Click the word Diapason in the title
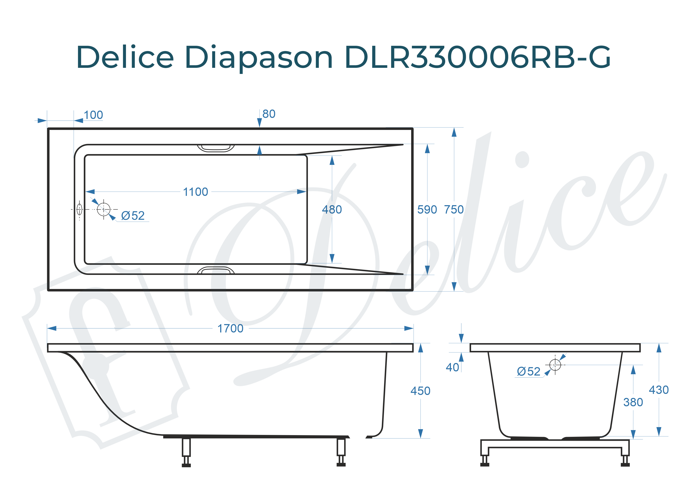[258, 58]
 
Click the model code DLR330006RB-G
[477, 58]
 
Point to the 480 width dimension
[332, 210]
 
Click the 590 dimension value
[427, 210]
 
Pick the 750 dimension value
[454, 210]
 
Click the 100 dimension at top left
[93, 115]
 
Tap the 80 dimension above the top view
[269, 114]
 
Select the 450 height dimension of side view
[420, 391]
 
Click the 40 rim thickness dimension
[452, 367]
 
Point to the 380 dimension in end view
[633, 402]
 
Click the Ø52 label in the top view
[132, 216]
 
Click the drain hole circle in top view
[103, 209]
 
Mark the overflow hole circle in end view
[555, 365]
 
